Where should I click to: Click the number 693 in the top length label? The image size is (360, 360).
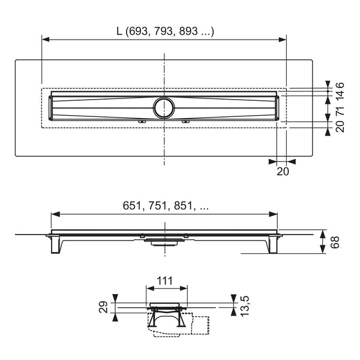click(x=138, y=31)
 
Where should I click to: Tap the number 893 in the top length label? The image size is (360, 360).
click(x=188, y=31)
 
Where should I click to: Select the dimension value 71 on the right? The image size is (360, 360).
click(x=340, y=111)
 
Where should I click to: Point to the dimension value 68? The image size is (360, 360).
click(x=335, y=242)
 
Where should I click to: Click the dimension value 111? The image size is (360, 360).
click(x=164, y=281)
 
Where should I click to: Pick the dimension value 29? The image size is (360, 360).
click(x=103, y=307)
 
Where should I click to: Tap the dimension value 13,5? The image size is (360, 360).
click(x=245, y=306)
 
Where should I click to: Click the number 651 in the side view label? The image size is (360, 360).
click(x=131, y=205)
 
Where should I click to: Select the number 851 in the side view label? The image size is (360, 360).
click(x=183, y=205)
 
